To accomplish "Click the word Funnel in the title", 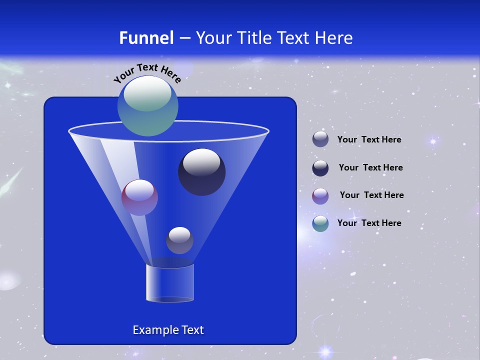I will click(146, 38).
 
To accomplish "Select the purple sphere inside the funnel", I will click(139, 198).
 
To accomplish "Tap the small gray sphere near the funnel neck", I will click(179, 241).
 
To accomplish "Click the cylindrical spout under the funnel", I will click(169, 283).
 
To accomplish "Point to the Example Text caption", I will click(168, 330).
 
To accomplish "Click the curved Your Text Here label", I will click(147, 72).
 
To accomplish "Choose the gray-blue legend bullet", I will click(320, 139).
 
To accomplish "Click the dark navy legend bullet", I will click(320, 168).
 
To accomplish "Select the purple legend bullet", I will click(320, 195).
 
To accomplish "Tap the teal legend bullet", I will click(320, 223).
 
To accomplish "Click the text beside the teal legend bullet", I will click(369, 223).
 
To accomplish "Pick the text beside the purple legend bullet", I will click(371, 195).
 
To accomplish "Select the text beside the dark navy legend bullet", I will click(370, 167).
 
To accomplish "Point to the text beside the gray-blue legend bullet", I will click(369, 139).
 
